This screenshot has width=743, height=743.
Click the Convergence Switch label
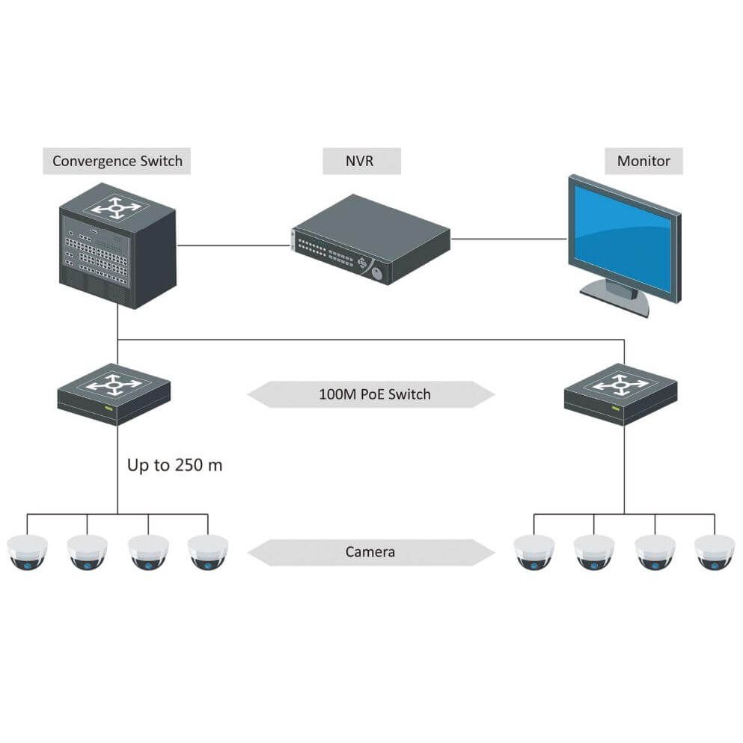(117, 161)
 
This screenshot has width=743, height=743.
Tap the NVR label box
(361, 161)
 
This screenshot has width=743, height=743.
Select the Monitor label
(643, 161)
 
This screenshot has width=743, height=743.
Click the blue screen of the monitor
(623, 238)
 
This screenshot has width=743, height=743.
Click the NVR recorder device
(370, 239)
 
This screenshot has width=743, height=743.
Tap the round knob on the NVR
(376, 273)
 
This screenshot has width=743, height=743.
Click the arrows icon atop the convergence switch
(117, 208)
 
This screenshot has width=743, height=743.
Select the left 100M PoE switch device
(114, 394)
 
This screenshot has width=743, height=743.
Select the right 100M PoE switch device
(621, 394)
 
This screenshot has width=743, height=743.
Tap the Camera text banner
(371, 552)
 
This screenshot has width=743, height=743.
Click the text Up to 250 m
(175, 465)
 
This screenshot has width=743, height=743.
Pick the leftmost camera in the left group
(27, 552)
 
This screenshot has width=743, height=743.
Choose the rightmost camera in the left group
(207, 552)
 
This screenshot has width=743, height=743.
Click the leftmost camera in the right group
(534, 552)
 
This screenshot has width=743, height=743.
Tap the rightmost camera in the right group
(715, 552)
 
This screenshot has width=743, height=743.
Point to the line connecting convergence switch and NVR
(233, 245)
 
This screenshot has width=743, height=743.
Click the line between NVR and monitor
(509, 239)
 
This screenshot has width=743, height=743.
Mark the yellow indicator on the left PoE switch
(108, 408)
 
